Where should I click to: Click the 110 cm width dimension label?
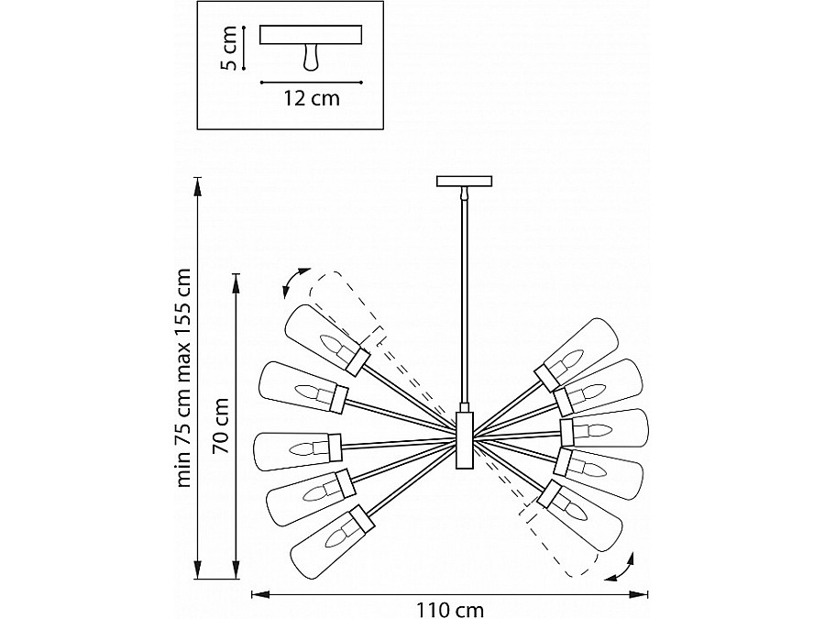pos(450,611)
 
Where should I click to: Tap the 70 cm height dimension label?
pos(221,426)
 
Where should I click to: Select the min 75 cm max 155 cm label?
pos(183,378)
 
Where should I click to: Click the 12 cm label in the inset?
pos(312,98)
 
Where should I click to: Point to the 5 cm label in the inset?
pos(229,49)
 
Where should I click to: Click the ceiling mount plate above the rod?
pos(465,181)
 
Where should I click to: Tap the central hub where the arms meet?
pos(465,439)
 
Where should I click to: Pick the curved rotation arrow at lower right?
pos(621,568)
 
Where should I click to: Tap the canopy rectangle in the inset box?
pos(311,35)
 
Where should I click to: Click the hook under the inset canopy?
pos(311,57)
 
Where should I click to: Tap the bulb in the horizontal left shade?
pos(305,449)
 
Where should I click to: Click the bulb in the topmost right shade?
pos(567,361)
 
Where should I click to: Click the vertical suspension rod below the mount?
pos(465,301)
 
